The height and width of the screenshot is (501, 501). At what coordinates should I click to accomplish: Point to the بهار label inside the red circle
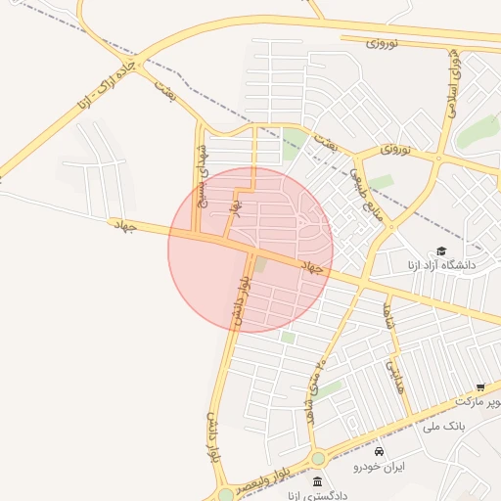point(235,207)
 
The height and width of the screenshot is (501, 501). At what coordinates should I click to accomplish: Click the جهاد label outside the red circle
point(123,225)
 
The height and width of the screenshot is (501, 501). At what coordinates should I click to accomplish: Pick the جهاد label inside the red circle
point(311,266)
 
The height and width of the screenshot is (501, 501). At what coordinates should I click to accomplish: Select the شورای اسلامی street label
point(455,82)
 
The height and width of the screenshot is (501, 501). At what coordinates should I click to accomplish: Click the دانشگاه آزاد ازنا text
point(438,265)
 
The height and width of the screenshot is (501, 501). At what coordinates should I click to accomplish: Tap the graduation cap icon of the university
point(440,251)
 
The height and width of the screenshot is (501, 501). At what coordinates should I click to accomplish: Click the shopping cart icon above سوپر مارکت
point(479,387)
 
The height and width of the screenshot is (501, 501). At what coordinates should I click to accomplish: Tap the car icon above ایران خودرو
point(380,451)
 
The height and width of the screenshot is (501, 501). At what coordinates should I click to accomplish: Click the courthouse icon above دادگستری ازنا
point(317,481)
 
